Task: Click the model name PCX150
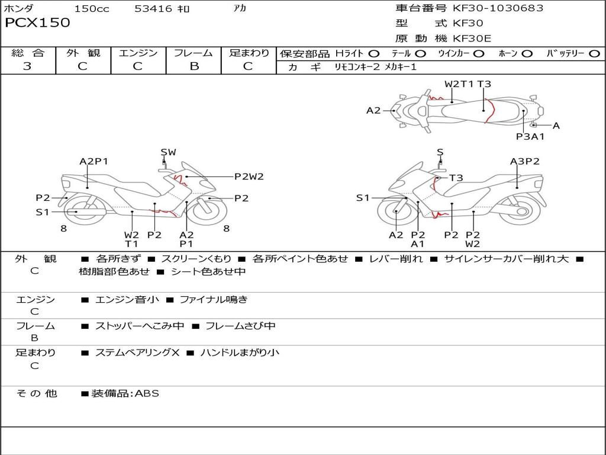(x=37, y=23)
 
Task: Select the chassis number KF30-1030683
(x=498, y=8)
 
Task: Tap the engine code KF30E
(x=472, y=39)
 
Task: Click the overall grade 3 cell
(x=27, y=66)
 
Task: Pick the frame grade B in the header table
(x=194, y=66)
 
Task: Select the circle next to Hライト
(x=374, y=53)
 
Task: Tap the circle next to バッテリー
(x=595, y=53)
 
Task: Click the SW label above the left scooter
(x=169, y=152)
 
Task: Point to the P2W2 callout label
(x=249, y=177)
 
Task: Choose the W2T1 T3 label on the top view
(x=468, y=84)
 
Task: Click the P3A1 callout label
(x=530, y=136)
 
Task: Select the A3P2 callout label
(x=524, y=161)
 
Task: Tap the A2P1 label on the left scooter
(x=94, y=161)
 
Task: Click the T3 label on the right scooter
(x=456, y=178)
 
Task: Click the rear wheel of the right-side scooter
(x=522, y=212)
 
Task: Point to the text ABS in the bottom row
(x=147, y=393)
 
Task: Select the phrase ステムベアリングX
(x=137, y=353)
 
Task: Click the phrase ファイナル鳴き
(x=213, y=299)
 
